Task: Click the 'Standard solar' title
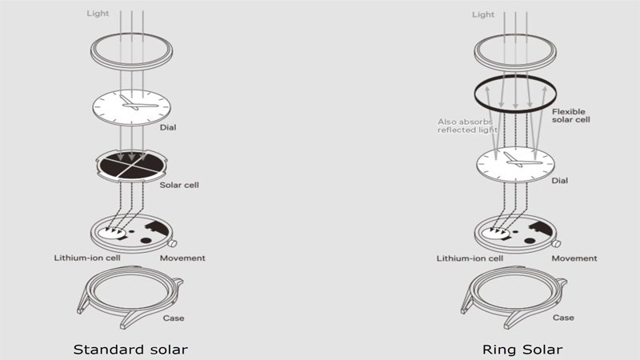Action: click(x=130, y=350)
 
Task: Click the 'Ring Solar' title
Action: click(x=522, y=350)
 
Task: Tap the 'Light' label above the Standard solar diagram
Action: click(x=98, y=14)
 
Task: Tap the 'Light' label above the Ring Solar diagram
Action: click(x=483, y=14)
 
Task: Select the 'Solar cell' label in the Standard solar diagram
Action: click(x=179, y=185)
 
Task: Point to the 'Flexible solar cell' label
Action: click(x=571, y=115)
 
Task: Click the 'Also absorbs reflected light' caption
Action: click(x=467, y=126)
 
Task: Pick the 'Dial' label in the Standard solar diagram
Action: click(x=168, y=127)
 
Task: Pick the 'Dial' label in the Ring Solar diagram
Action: click(x=559, y=181)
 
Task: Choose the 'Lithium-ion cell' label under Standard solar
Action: click(x=87, y=258)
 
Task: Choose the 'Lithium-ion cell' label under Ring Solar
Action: click(x=470, y=258)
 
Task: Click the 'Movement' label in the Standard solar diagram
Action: click(x=182, y=258)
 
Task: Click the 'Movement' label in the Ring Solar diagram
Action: click(x=574, y=258)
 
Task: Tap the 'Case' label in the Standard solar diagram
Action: click(x=174, y=318)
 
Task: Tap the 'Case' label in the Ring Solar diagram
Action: click(x=563, y=318)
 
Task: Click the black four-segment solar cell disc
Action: click(x=131, y=166)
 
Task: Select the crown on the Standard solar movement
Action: click(x=173, y=244)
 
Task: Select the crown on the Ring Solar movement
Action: click(x=556, y=244)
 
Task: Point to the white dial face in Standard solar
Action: click(x=131, y=107)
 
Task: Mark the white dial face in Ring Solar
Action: click(x=515, y=165)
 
